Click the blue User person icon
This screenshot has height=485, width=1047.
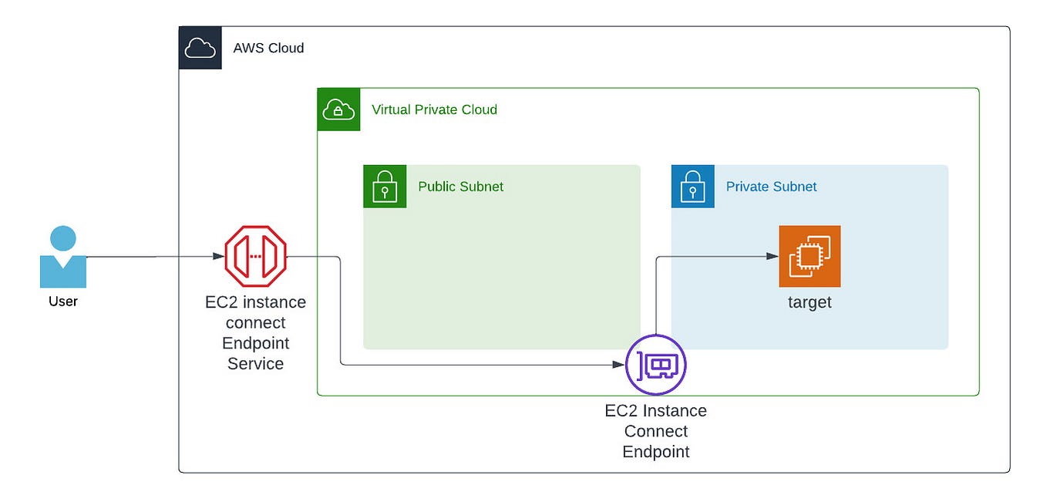(x=62, y=258)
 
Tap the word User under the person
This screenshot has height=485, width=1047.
(x=62, y=301)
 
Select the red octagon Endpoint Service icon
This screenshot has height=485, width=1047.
(x=255, y=257)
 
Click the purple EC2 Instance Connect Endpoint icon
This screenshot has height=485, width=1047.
(x=655, y=365)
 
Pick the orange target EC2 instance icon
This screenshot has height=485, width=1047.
(x=810, y=256)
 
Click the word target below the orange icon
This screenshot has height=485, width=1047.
(x=810, y=302)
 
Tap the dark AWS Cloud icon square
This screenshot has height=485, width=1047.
(x=200, y=48)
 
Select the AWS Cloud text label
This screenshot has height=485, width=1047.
(x=268, y=48)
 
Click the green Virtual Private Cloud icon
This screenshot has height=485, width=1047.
(x=338, y=109)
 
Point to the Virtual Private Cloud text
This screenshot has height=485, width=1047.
(x=434, y=109)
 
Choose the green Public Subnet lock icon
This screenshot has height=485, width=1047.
(x=385, y=187)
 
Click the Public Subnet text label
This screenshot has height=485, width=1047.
(x=460, y=187)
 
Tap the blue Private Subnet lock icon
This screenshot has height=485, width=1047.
(x=692, y=187)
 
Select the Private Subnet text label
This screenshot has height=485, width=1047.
(x=771, y=187)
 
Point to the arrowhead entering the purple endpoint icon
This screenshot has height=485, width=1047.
(x=619, y=365)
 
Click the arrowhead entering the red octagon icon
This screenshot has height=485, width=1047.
(x=219, y=257)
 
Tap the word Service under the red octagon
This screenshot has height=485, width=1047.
(x=255, y=363)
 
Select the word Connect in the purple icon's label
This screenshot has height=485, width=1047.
(x=655, y=431)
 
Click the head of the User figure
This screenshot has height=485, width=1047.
(x=62, y=238)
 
